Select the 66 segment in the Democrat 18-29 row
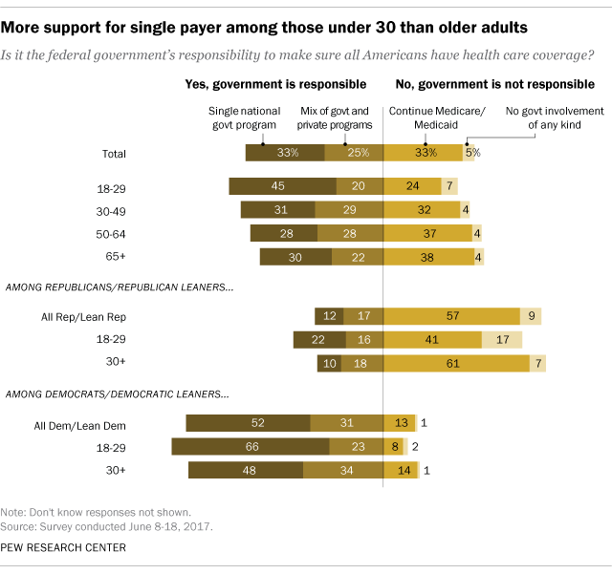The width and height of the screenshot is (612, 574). (251, 446)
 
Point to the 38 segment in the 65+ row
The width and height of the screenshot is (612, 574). (428, 256)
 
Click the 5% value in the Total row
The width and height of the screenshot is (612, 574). (470, 153)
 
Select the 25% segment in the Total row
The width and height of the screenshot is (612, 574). (354, 153)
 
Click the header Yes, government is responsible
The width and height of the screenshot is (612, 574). (275, 85)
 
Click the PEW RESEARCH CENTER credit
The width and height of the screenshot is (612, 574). (64, 547)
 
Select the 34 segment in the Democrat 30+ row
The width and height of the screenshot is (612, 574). (342, 469)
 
